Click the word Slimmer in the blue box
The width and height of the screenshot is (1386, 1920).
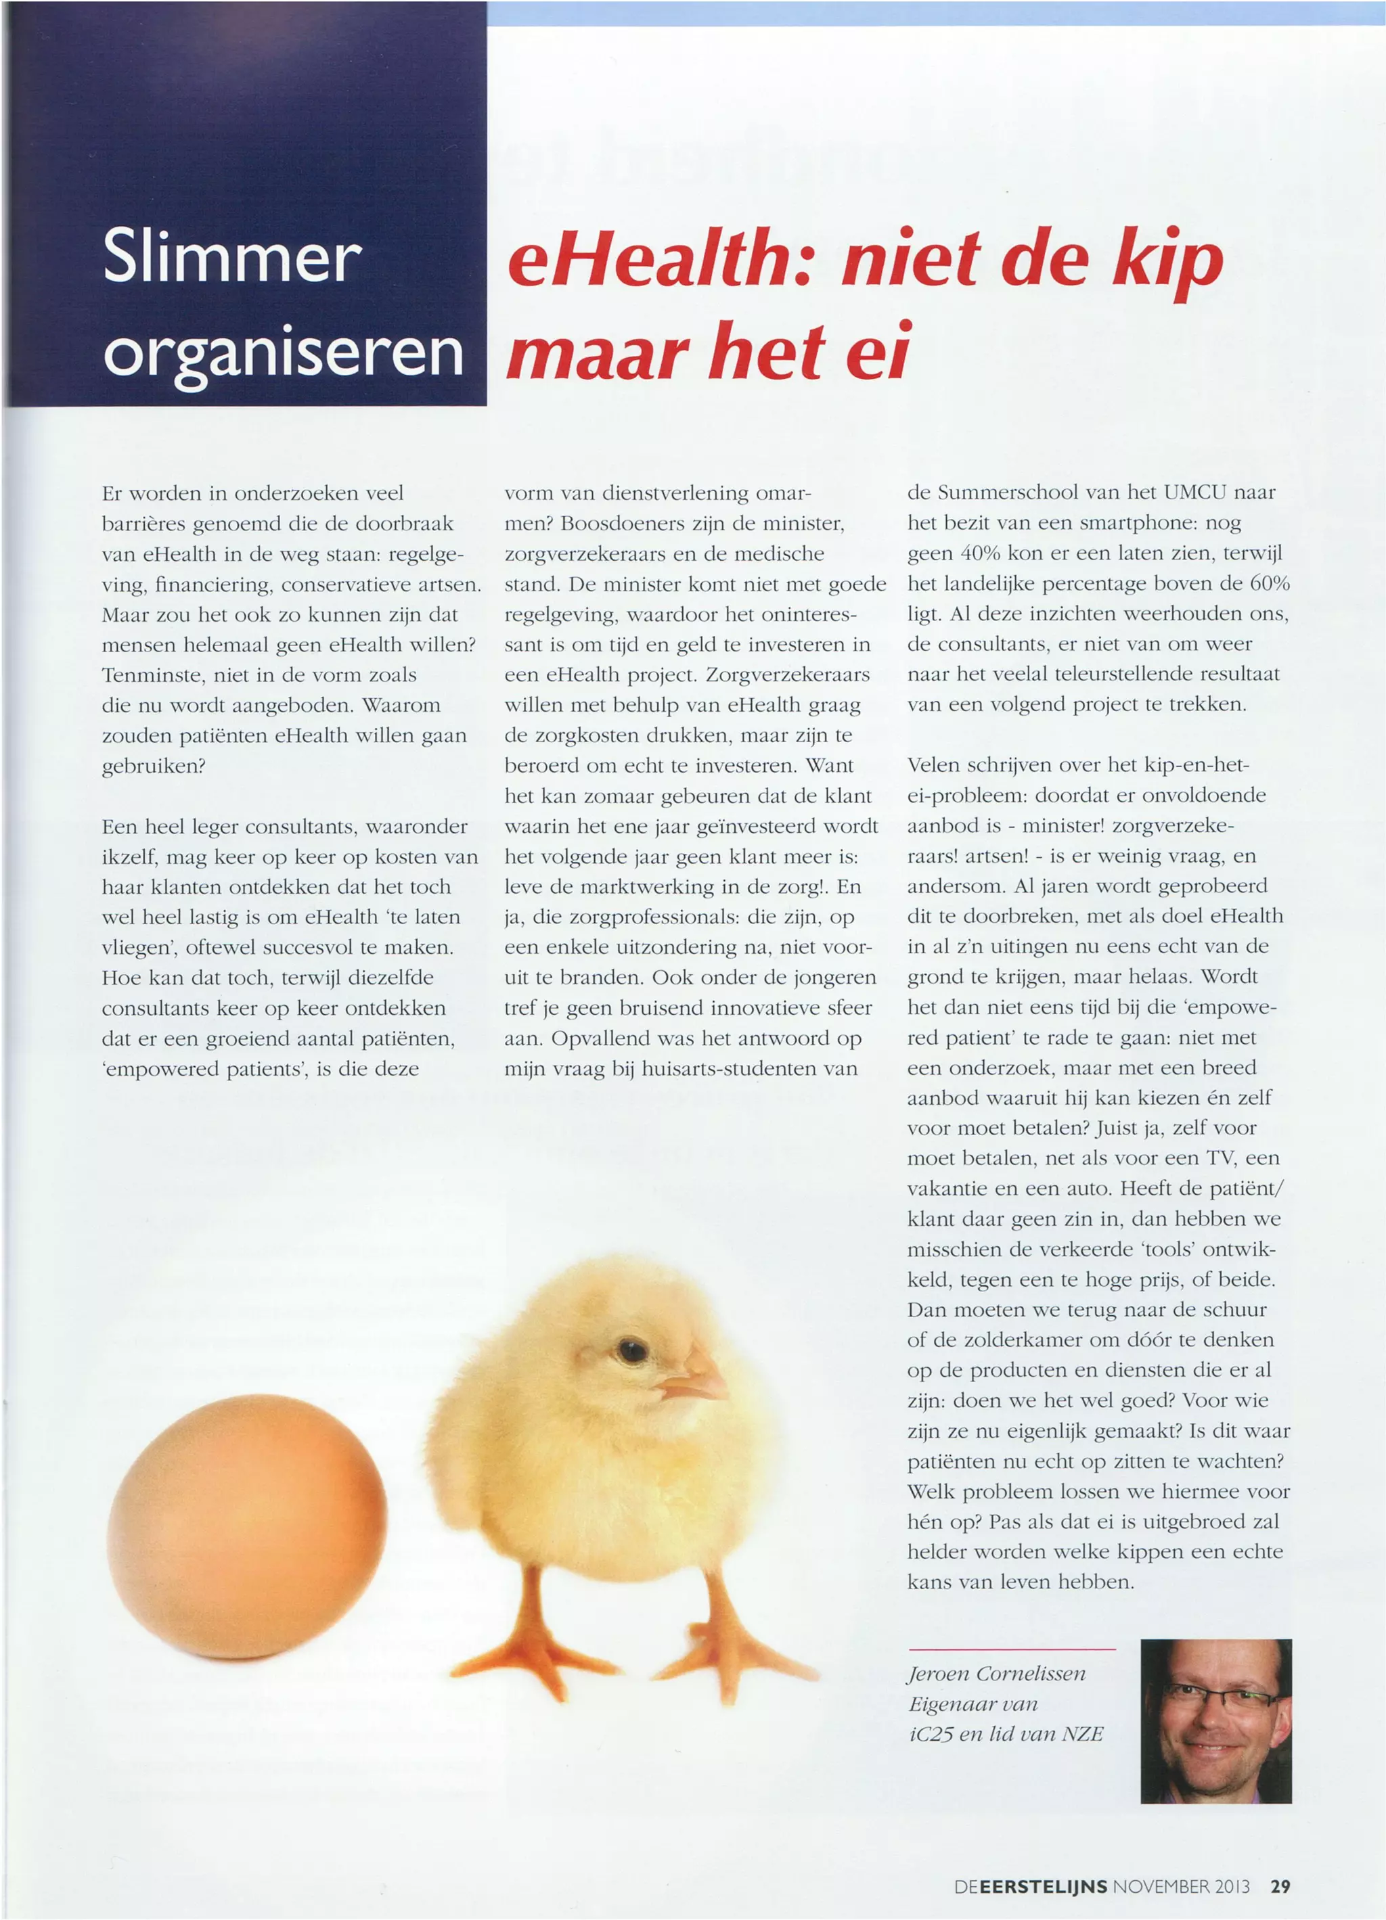[x=232, y=256]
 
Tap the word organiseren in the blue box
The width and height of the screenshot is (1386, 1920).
[x=283, y=354]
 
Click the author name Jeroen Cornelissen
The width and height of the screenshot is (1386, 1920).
[x=997, y=1674]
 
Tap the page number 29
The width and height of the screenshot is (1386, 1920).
[x=1280, y=1886]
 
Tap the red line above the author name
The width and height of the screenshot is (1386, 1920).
[x=1012, y=1649]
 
